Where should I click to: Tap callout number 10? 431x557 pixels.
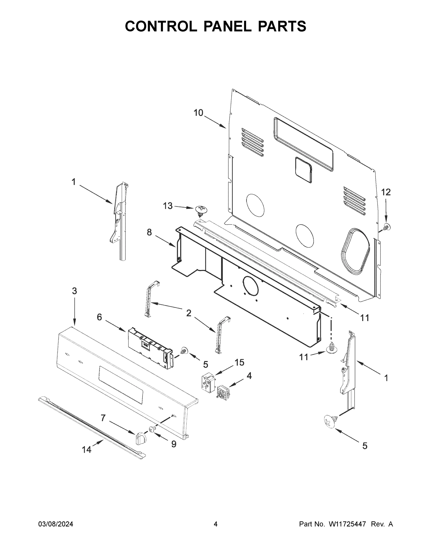point(198,113)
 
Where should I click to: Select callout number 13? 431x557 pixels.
point(168,206)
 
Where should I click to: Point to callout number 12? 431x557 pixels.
point(386,192)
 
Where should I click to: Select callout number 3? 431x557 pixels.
point(74,291)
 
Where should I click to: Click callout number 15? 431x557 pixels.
point(240,363)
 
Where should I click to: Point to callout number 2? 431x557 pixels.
point(188,313)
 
